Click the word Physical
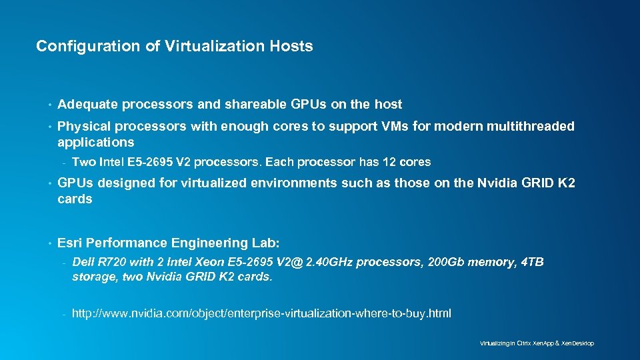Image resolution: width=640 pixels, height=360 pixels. pyautogui.click(x=84, y=126)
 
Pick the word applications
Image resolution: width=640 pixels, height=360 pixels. pyautogui.click(x=95, y=142)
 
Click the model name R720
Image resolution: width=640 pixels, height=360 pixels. pyautogui.click(x=111, y=263)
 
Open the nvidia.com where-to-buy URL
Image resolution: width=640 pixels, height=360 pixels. pyautogui.click(x=261, y=313)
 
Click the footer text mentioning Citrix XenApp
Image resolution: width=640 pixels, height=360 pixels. pyautogui.click(x=537, y=343)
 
